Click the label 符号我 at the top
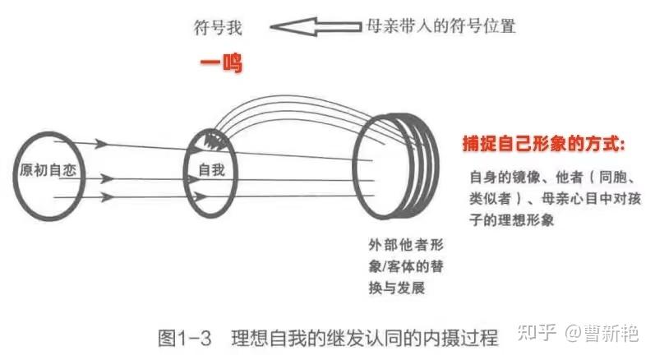218,28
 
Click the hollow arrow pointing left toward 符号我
316,27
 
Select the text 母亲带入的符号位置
441,26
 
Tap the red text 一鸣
221,63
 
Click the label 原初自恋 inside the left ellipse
48,170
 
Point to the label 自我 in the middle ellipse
211,169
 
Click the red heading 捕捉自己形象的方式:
543,144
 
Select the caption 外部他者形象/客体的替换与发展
406,266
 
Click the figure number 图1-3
184,338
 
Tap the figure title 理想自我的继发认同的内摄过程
365,338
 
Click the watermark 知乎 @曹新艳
578,333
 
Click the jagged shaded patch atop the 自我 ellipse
214,139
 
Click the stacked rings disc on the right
395,166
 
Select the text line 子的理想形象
512,219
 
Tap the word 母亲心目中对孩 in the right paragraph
591,198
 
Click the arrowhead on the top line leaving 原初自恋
100,144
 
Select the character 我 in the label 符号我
234,28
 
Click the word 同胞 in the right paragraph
613,178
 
